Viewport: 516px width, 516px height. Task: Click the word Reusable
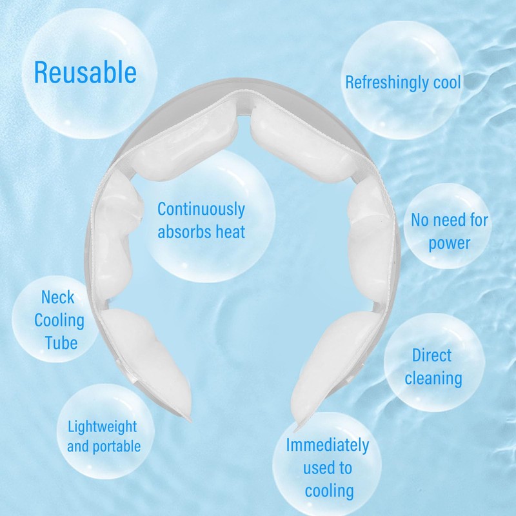pos(85,72)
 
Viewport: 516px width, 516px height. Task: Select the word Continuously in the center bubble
pos(201,209)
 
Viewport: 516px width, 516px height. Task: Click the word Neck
pos(58,297)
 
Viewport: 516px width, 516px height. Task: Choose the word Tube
pos(61,342)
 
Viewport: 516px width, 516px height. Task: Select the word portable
pos(115,446)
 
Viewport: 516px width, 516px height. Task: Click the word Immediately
pos(328,445)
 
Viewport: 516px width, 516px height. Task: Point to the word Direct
pos(432,355)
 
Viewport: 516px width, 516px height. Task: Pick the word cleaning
pos(433,378)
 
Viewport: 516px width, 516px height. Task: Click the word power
pos(450,243)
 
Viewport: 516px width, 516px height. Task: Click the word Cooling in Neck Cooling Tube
pos(59,319)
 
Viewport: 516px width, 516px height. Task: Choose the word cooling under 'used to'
pos(329,490)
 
